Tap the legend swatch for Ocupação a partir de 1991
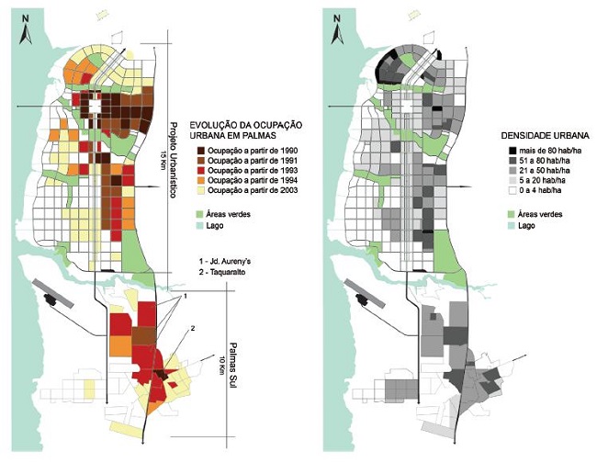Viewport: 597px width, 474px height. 198,162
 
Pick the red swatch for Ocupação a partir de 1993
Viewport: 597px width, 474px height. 198,172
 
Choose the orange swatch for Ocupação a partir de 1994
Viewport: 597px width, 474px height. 198,182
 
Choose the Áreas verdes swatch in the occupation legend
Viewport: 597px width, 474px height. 198,213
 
